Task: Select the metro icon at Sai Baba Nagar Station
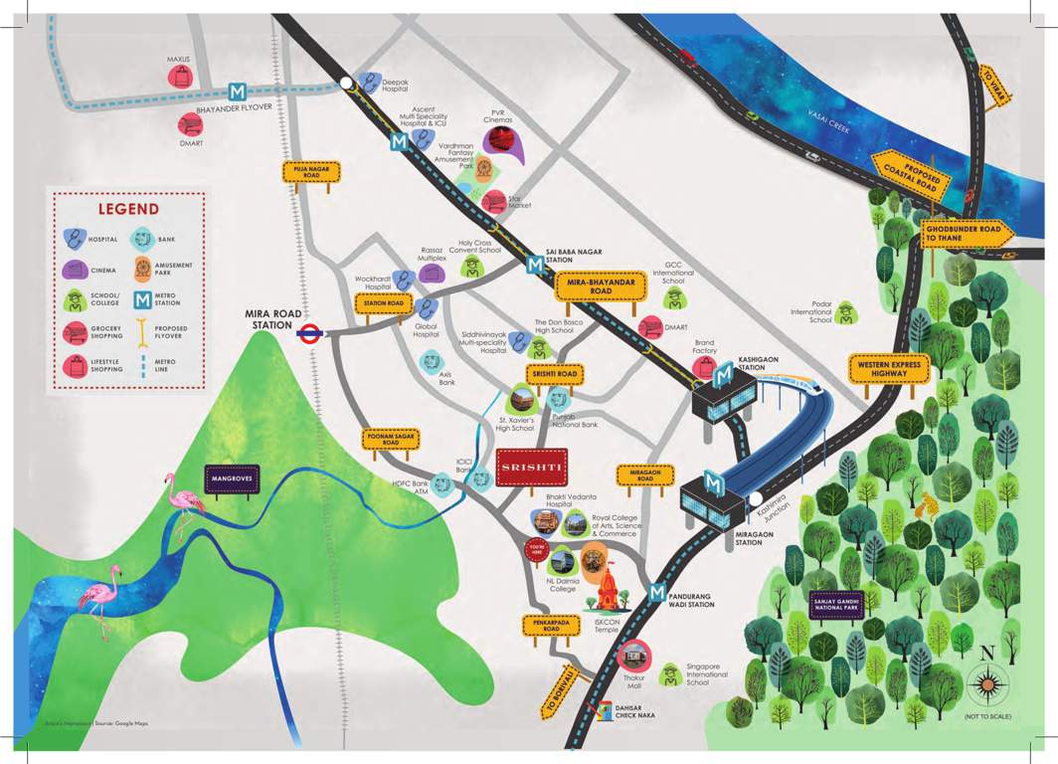[536, 266]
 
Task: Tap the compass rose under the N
[987, 685]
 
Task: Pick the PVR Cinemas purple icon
[502, 143]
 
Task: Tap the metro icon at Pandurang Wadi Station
[656, 593]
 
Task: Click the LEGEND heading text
[127, 209]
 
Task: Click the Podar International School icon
[845, 313]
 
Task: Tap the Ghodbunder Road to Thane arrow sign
[968, 233]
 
